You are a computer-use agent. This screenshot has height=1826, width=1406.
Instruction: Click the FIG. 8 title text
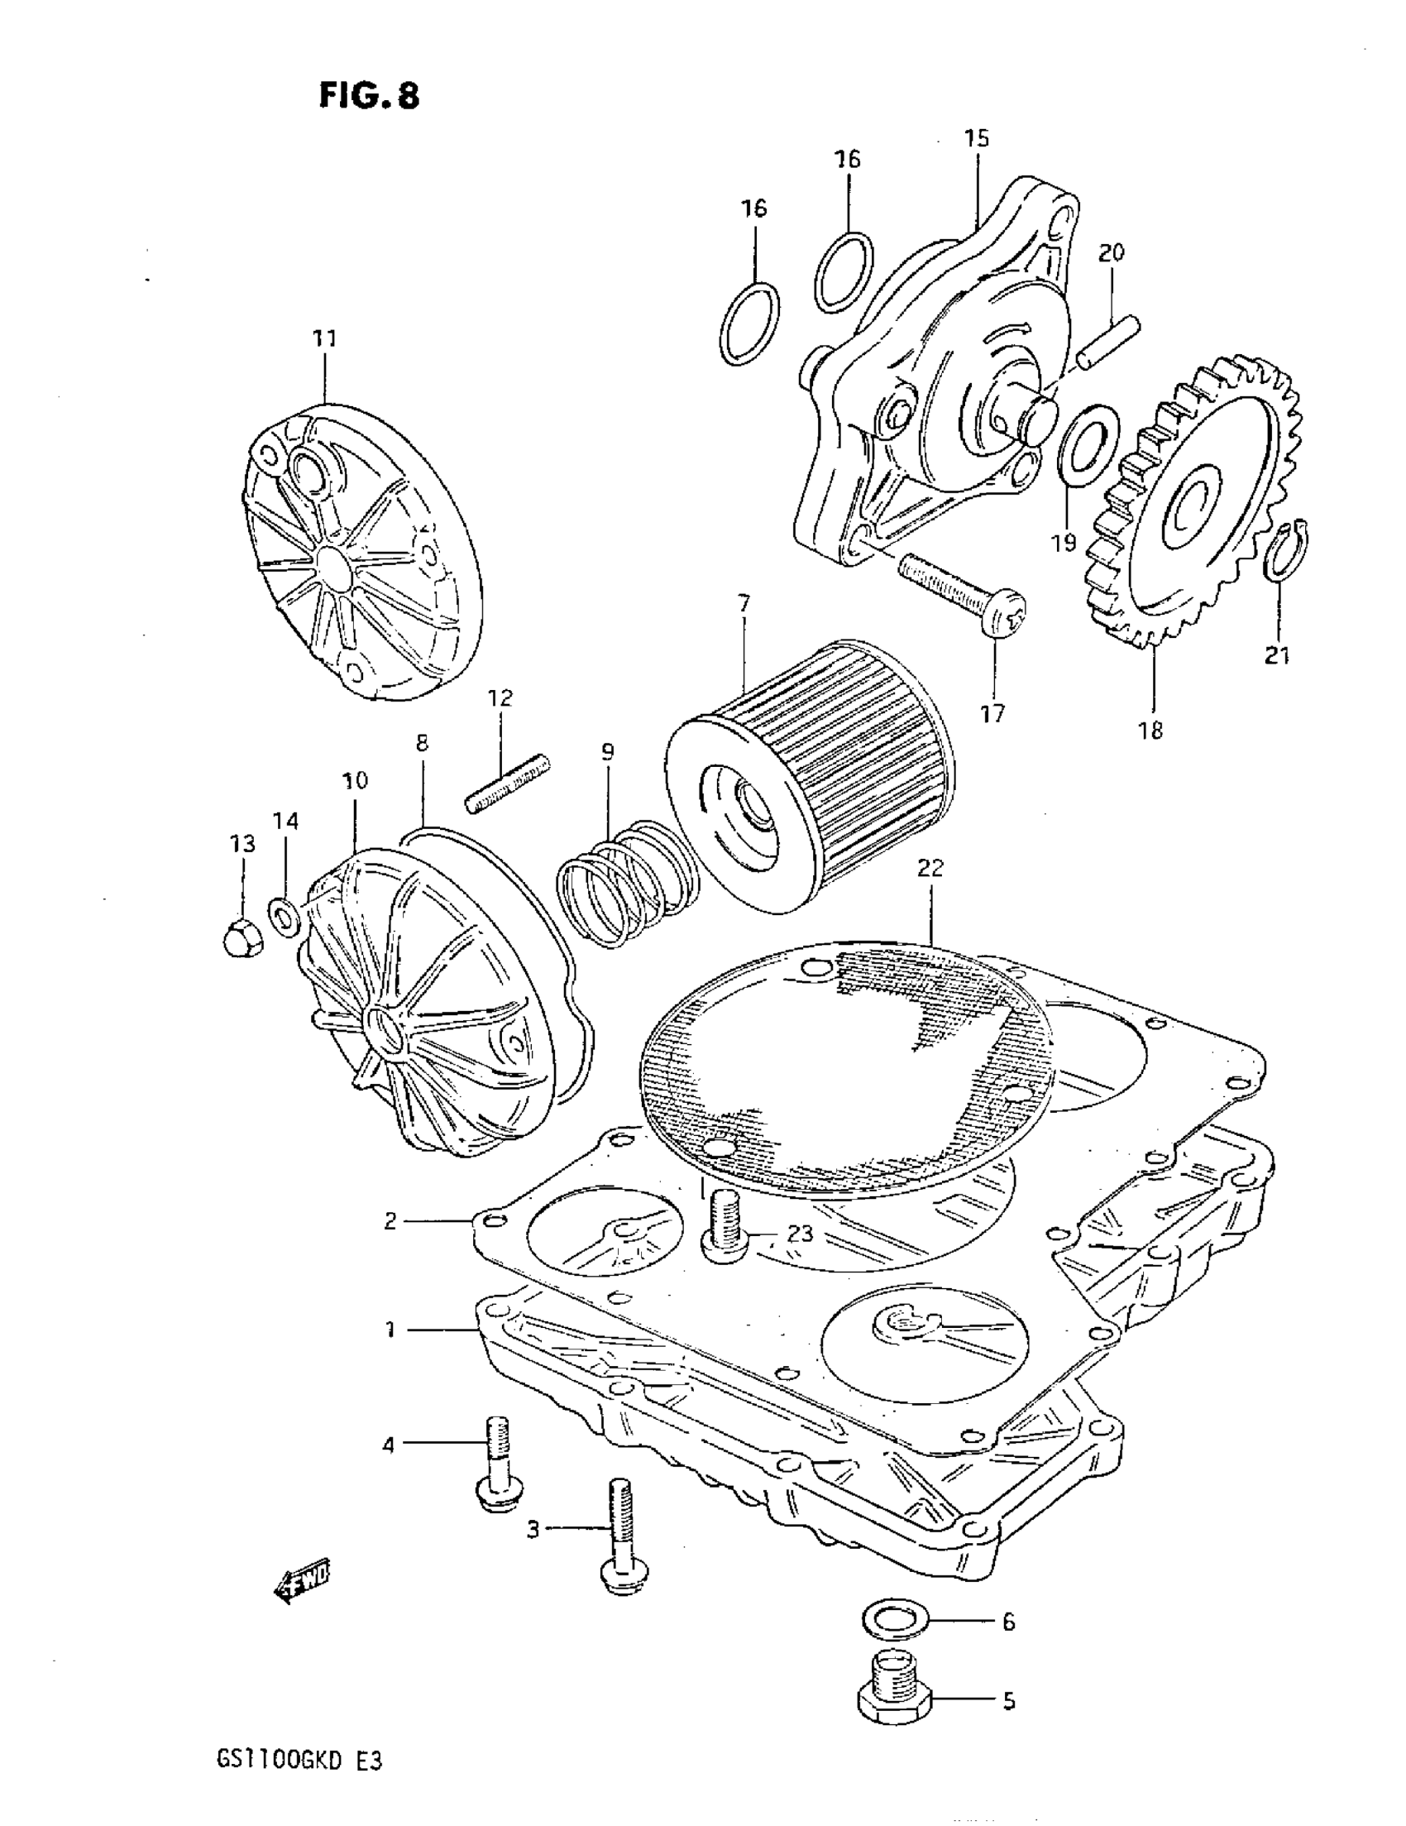(369, 95)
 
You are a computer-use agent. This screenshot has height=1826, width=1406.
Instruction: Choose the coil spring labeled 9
(627, 882)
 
